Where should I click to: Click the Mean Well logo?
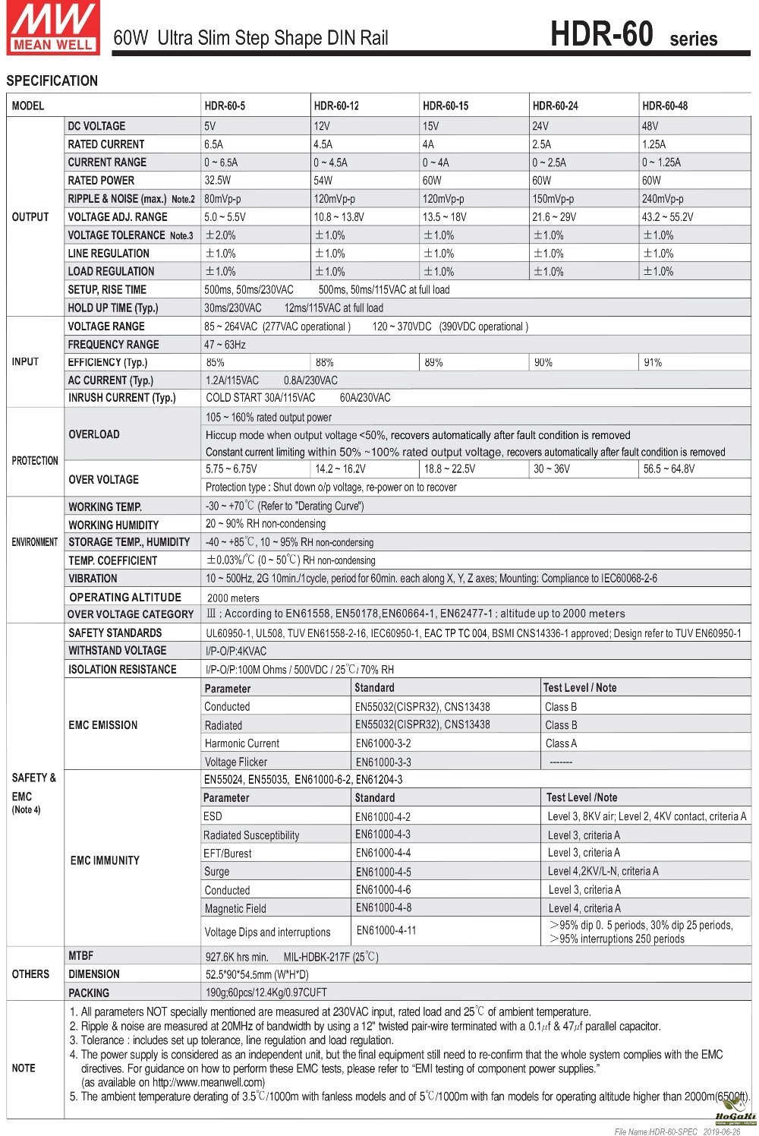(x=53, y=27)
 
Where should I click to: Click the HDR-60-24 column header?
(x=555, y=106)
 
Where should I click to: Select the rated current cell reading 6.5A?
(x=213, y=144)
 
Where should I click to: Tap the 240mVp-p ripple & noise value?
(x=663, y=199)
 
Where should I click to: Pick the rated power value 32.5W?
(x=218, y=181)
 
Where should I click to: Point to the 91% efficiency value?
(x=653, y=363)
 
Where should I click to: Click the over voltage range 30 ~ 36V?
(x=552, y=469)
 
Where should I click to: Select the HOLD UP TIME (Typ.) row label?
(x=113, y=308)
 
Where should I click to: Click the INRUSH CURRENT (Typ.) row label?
(x=121, y=398)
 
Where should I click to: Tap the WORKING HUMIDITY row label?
(x=114, y=525)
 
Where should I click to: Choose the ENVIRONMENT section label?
(x=35, y=542)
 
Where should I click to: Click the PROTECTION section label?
(x=35, y=461)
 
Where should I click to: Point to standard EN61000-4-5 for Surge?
(x=383, y=872)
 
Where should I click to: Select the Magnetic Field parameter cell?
(x=235, y=908)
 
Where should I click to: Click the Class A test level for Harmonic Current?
(x=561, y=743)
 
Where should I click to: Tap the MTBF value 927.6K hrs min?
(x=237, y=957)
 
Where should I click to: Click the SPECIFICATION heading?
(x=52, y=80)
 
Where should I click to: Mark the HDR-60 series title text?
(x=633, y=36)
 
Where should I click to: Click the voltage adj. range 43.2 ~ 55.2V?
(x=668, y=217)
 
